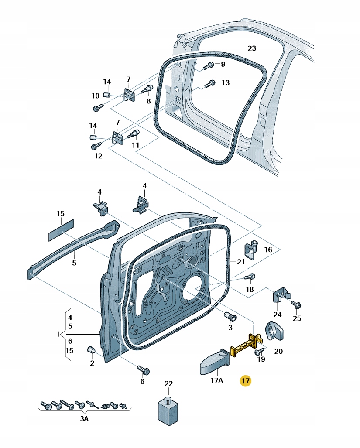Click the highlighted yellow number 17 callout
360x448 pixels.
click(x=245, y=381)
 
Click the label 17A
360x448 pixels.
click(x=217, y=381)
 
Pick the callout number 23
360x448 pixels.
click(x=252, y=48)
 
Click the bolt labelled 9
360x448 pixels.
click(x=209, y=65)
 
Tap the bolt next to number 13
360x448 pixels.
click(x=211, y=82)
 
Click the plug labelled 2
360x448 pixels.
click(x=92, y=350)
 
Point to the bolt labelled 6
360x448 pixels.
click(x=143, y=370)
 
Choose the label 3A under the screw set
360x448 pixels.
click(x=84, y=419)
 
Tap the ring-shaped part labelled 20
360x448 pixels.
click(x=275, y=330)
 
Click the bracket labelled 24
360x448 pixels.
click(x=281, y=297)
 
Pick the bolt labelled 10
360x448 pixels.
click(x=96, y=106)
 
